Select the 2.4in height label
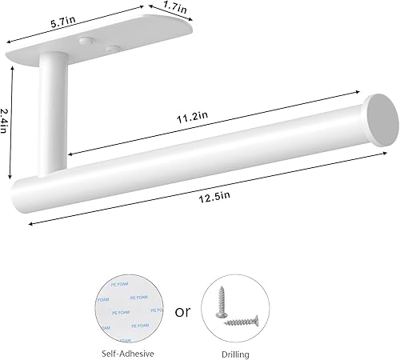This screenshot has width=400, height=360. coord(6,122)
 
